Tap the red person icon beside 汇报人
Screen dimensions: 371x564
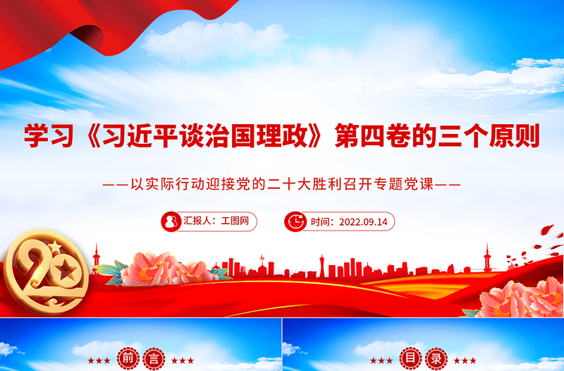pyautogui.click(x=171, y=221)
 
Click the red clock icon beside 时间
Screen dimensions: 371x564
pyautogui.click(x=295, y=221)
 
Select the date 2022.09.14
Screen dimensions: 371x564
pyautogui.click(x=363, y=221)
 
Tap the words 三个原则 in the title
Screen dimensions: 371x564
pyautogui.click(x=487, y=135)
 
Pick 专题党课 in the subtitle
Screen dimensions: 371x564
pyautogui.click(x=407, y=186)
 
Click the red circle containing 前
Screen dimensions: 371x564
pyautogui.click(x=128, y=359)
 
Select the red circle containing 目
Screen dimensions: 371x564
pyautogui.click(x=410, y=359)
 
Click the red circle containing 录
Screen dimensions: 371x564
pyautogui.click(x=436, y=359)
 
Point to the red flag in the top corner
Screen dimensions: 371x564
pyautogui.click(x=70, y=28)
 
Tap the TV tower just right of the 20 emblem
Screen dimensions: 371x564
pyautogui.click(x=97, y=257)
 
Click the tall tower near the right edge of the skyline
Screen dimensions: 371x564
pyautogui.click(x=486, y=258)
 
